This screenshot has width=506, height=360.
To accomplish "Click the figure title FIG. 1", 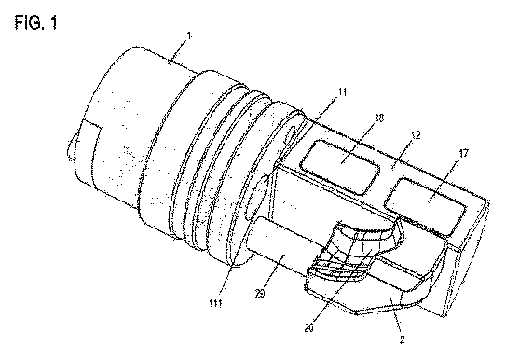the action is pos(35,23).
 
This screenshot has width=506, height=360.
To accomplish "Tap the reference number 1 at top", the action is pos(189,35).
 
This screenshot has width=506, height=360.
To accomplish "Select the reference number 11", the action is pos(342,92).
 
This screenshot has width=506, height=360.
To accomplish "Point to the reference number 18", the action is pos(379,118).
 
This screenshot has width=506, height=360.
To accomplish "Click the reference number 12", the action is pos(416,135).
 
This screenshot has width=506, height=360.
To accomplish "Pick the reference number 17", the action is pos(463,153).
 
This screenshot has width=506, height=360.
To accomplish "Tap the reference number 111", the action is pos(215,303).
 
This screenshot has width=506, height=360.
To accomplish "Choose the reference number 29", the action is pos(260,294).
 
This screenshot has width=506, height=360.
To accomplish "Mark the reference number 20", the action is pos(308,328).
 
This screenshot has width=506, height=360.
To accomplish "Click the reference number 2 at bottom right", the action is pos(402,339).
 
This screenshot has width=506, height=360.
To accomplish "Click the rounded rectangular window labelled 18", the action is pos(340,167).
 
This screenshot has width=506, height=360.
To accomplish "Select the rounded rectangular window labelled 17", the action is pos(425,206).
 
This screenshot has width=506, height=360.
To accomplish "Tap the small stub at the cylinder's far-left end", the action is pos(72,147).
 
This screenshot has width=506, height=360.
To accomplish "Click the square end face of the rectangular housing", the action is pos(466,258).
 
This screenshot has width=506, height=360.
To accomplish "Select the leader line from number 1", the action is pos(179,50).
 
